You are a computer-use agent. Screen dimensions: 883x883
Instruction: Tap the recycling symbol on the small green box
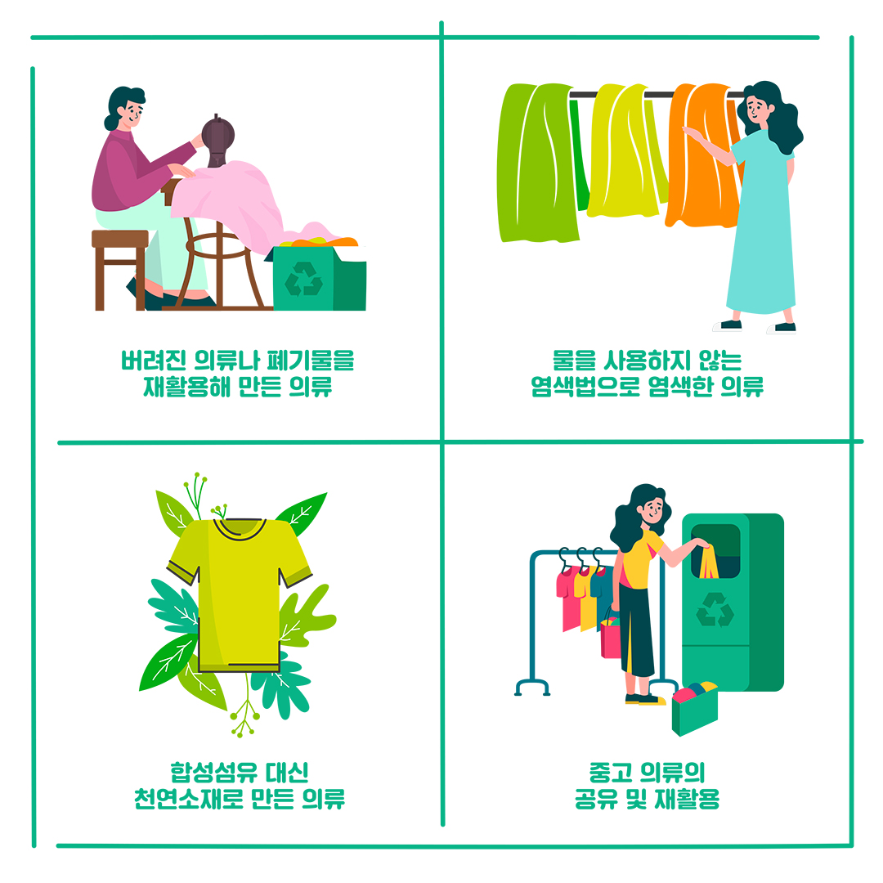click(303, 279)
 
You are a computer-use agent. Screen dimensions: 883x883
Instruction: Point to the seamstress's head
click(126, 107)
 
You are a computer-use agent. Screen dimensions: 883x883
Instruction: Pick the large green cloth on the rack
click(536, 164)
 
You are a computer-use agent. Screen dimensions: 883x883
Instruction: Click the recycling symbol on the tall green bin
click(715, 610)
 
